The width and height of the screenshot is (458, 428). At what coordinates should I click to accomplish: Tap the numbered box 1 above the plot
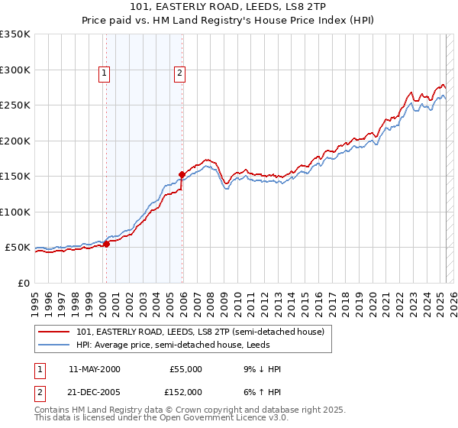tap(104, 73)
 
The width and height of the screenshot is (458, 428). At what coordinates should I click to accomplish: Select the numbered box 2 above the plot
tap(179, 73)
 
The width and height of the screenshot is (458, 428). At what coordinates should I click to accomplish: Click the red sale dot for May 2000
tap(107, 244)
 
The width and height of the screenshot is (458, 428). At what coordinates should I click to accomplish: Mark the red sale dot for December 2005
tap(182, 174)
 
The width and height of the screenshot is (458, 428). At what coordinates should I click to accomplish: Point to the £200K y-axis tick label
tap(15, 141)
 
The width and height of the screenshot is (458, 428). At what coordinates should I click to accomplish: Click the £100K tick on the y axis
tap(15, 212)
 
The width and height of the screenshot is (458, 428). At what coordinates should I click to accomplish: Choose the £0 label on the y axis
tap(24, 283)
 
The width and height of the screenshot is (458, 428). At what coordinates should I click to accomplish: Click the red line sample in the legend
tap(54, 332)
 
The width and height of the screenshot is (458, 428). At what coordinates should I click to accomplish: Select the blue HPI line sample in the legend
tap(54, 345)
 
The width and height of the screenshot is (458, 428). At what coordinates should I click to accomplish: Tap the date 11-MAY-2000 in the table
tap(95, 369)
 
